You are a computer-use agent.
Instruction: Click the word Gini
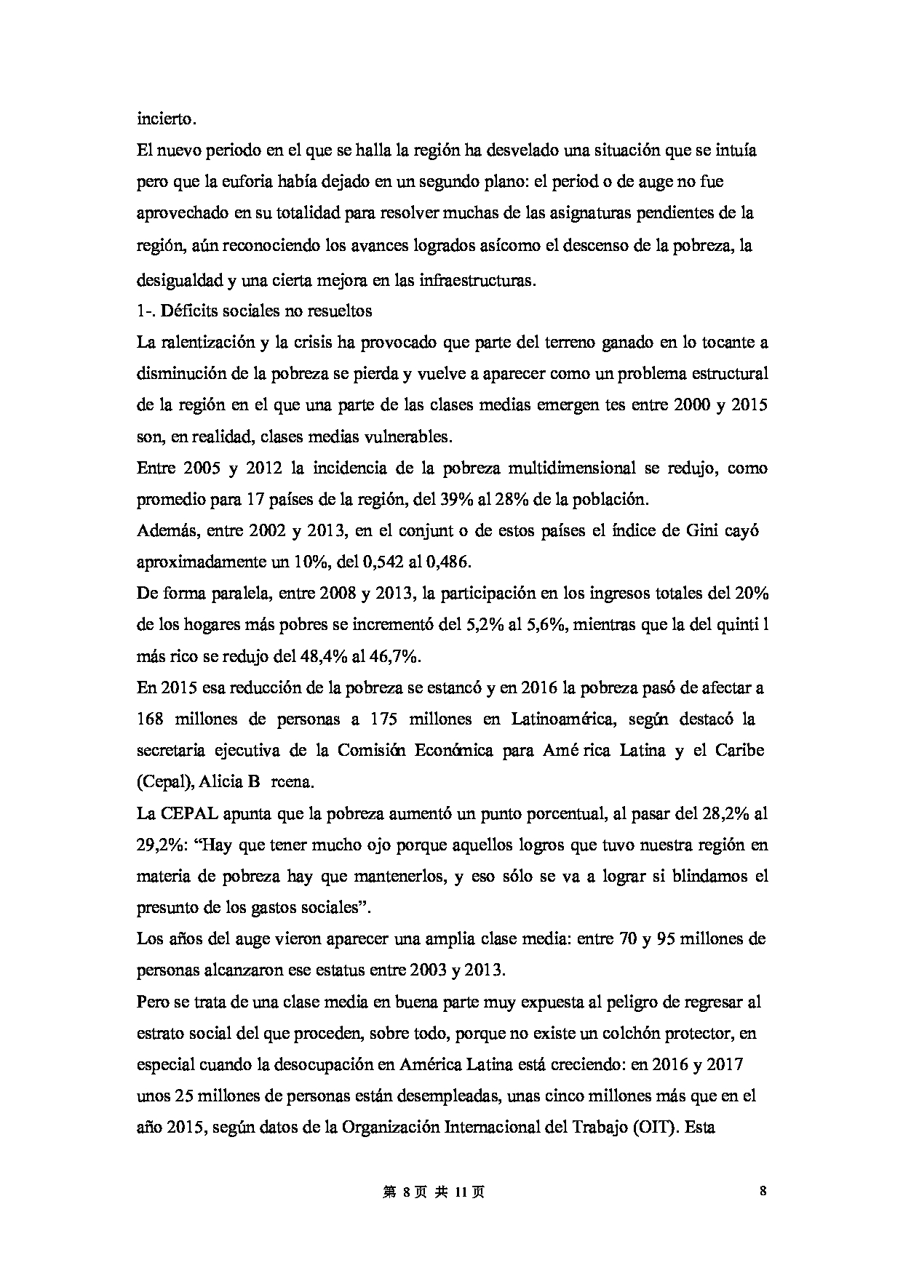pyautogui.click(x=702, y=530)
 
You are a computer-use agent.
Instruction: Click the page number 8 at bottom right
pyautogui.click(x=763, y=1191)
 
